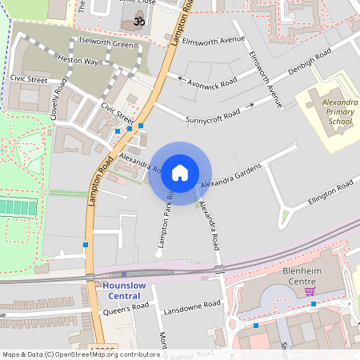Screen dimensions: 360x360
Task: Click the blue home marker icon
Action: tap(180, 172)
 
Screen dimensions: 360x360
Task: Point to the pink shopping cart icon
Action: tap(309, 290)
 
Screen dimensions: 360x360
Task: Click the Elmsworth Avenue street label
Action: tap(213, 38)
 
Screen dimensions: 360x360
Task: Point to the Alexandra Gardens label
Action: tap(232, 179)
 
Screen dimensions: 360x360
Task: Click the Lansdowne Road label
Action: tap(191, 306)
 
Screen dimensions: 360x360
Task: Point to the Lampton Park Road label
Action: tap(164, 218)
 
